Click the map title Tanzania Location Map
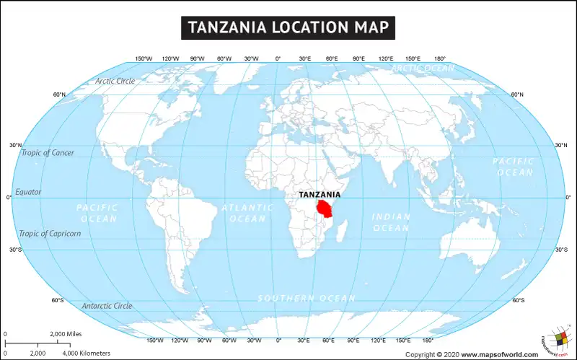tap(288, 27)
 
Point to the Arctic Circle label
tap(115, 81)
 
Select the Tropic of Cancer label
tap(48, 153)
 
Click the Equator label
tap(28, 192)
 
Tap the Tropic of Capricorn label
tap(50, 233)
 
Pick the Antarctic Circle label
tap(107, 306)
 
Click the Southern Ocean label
tap(307, 298)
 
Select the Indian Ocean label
tap(391, 222)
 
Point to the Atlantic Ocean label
tap(247, 213)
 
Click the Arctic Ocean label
tap(423, 68)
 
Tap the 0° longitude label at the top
tap(278, 58)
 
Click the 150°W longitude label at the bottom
tap(154, 340)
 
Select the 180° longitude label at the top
tap(439, 58)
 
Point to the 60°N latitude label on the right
tap(517, 95)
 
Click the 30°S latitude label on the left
tap(16, 250)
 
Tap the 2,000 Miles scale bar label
tap(66, 334)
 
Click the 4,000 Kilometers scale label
tap(87, 353)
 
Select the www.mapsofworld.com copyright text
tap(499, 354)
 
